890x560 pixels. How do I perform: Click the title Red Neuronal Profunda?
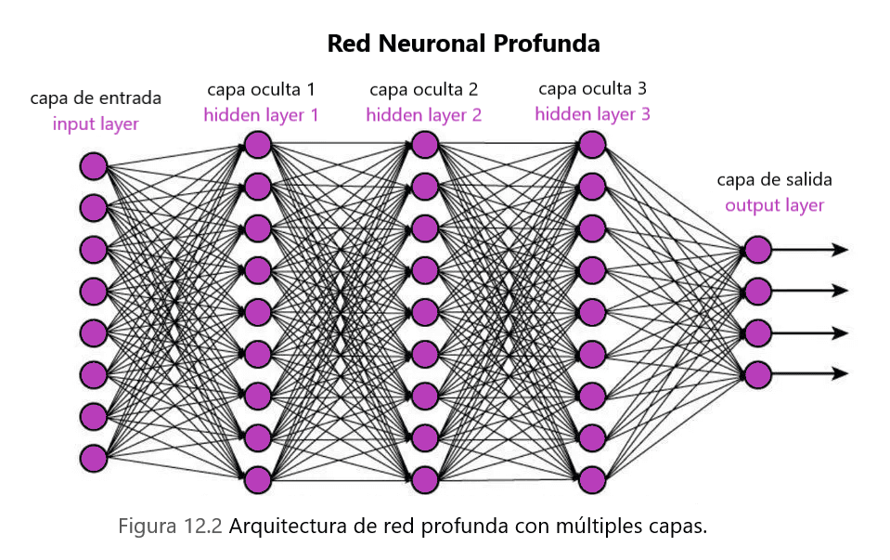pyautogui.click(x=463, y=44)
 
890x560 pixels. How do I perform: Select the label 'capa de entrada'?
pyautogui.click(x=96, y=98)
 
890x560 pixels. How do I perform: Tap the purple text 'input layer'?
pyautogui.click(x=96, y=124)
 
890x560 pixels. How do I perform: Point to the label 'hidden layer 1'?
pyautogui.click(x=261, y=115)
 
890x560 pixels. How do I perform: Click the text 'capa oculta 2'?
pyautogui.click(x=423, y=89)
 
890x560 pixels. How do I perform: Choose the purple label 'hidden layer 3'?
pyautogui.click(x=592, y=114)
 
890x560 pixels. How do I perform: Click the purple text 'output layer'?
pyautogui.click(x=774, y=205)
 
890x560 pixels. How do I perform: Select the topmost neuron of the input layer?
pyautogui.click(x=93, y=166)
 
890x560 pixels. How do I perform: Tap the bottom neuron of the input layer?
pyautogui.click(x=93, y=458)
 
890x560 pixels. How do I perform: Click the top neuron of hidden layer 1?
pyautogui.click(x=257, y=145)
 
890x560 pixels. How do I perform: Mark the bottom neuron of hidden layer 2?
pyautogui.click(x=424, y=479)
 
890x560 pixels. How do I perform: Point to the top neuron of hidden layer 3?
pyautogui.click(x=591, y=145)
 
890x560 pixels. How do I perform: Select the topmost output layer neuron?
pyautogui.click(x=757, y=250)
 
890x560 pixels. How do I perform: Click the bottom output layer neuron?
pyautogui.click(x=757, y=374)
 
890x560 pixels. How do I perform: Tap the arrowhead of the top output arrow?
pyautogui.click(x=841, y=250)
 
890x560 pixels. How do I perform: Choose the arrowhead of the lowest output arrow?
pyautogui.click(x=841, y=374)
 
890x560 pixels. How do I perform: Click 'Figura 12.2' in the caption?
pyautogui.click(x=170, y=527)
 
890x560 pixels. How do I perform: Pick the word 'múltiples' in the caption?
pyautogui.click(x=587, y=527)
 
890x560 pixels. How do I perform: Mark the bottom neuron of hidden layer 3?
pyautogui.click(x=591, y=479)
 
